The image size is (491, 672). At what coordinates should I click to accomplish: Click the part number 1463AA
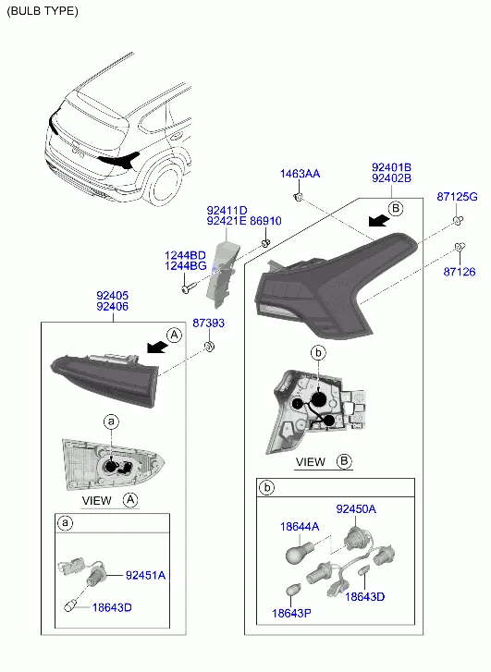pos(300,174)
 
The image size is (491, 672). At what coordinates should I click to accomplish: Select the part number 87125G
pos(457,197)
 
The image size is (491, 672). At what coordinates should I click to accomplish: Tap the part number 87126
pos(460,272)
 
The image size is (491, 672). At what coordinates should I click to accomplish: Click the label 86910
pos(265,221)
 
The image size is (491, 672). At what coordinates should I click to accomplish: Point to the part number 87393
pos(208,323)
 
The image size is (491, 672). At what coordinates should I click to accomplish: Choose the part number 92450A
pos(356,509)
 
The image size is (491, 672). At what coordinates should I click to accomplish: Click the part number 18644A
pos(300,527)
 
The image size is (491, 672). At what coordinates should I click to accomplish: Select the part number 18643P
pos(291,613)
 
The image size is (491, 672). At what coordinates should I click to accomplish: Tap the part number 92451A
pos(145,575)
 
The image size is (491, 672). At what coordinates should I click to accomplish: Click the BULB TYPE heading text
pos(43,11)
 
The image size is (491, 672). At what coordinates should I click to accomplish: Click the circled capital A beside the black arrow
pos(174,335)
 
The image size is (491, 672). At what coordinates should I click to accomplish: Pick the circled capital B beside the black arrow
pos(396,209)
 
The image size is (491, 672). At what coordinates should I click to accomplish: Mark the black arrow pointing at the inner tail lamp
pos(156,348)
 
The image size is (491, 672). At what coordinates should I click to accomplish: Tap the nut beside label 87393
pos(209,346)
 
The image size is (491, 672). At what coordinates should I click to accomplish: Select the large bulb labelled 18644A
pos(298,554)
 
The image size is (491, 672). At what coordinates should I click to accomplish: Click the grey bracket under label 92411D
pos(222,274)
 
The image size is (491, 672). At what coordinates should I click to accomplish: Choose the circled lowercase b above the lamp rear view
pos(318,353)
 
